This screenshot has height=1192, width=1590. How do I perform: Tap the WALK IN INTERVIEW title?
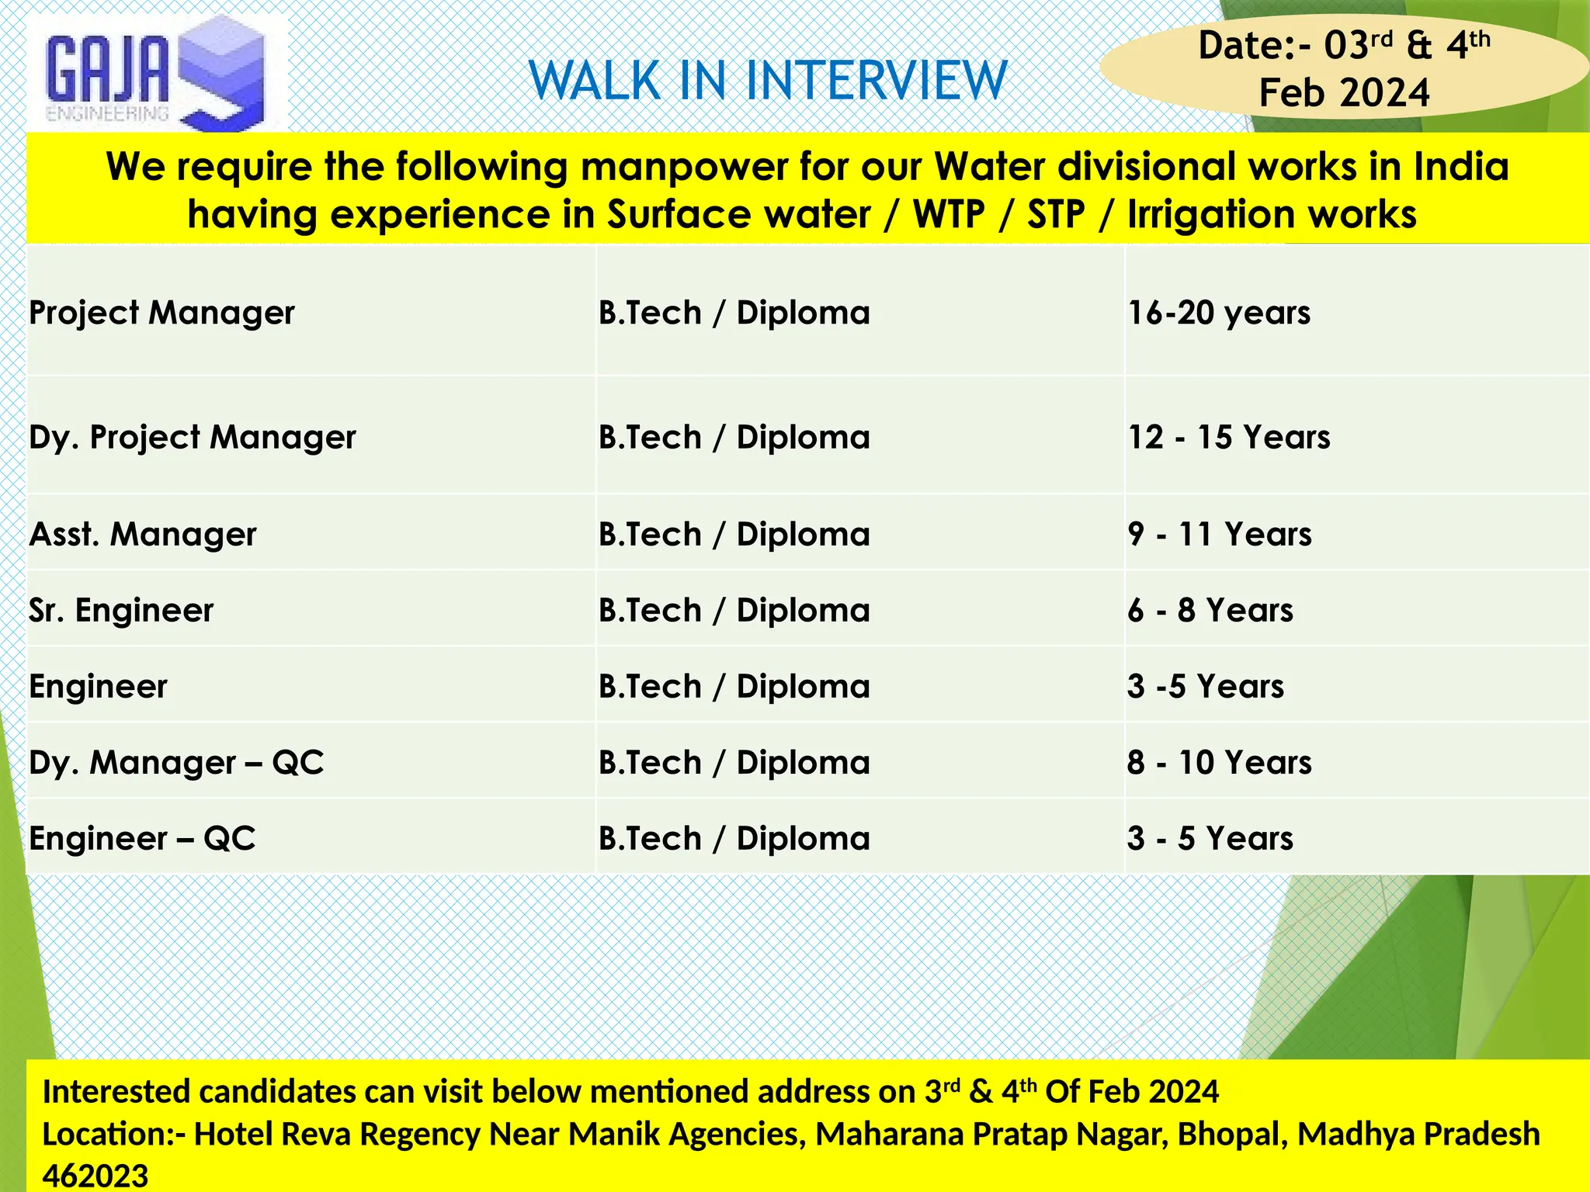(768, 81)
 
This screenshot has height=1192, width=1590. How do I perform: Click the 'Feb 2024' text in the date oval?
(1344, 93)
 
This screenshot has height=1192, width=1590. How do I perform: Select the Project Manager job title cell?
(161, 313)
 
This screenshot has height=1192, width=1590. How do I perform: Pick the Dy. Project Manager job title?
(193, 437)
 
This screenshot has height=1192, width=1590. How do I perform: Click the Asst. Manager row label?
(143, 534)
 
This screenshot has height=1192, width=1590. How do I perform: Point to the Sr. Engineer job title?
(121, 610)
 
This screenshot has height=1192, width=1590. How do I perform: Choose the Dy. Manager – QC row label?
(176, 762)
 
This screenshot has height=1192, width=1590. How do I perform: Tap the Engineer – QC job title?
(142, 838)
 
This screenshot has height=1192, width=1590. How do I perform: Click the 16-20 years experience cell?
(1219, 313)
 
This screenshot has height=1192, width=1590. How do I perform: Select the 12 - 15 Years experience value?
(1229, 437)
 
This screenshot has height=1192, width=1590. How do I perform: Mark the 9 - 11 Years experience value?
(1220, 534)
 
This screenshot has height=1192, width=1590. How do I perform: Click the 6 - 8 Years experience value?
(1210, 610)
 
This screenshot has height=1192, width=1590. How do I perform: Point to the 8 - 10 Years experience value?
(1220, 762)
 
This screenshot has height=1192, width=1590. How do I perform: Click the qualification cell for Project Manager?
(734, 313)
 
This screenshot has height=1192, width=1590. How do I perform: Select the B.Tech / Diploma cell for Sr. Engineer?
(734, 610)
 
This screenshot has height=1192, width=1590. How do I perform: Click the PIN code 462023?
(95, 1176)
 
